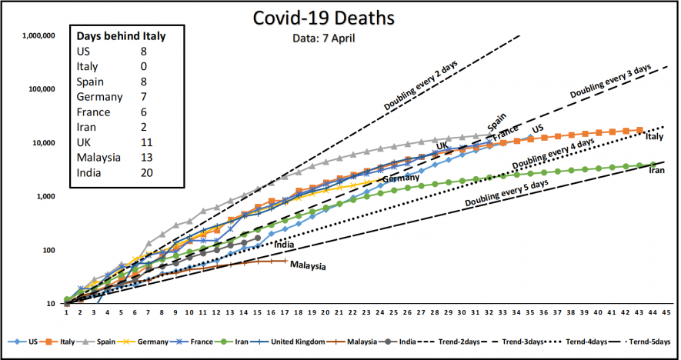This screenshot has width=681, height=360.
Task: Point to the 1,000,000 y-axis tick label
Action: click(38, 35)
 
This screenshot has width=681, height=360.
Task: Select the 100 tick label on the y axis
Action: click(48, 251)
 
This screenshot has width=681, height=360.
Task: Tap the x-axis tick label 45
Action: click(666, 313)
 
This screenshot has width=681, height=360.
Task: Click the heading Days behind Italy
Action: click(121, 36)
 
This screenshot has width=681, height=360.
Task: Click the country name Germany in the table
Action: click(99, 97)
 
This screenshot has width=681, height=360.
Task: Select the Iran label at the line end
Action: click(656, 170)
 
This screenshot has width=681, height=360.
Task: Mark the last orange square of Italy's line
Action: click(640, 131)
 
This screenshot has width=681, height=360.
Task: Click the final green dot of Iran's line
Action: click(653, 165)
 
